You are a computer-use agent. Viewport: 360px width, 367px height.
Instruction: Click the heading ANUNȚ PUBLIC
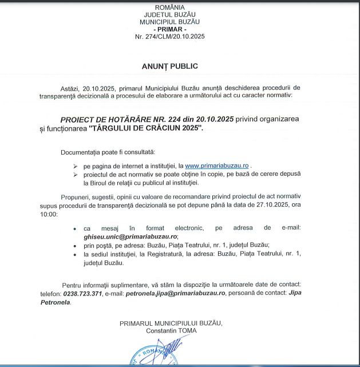(x=169, y=66)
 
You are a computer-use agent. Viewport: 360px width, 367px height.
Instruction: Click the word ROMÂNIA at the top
(x=169, y=7)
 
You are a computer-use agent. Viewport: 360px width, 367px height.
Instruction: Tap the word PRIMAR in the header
(x=169, y=29)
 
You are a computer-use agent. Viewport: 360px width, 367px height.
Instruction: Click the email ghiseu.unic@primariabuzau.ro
(x=130, y=236)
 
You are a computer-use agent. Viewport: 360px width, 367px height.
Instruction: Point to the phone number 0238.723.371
(x=83, y=293)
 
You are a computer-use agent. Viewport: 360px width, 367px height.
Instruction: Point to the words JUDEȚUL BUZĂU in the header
(x=169, y=14)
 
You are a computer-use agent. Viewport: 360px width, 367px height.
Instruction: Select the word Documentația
(x=80, y=152)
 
